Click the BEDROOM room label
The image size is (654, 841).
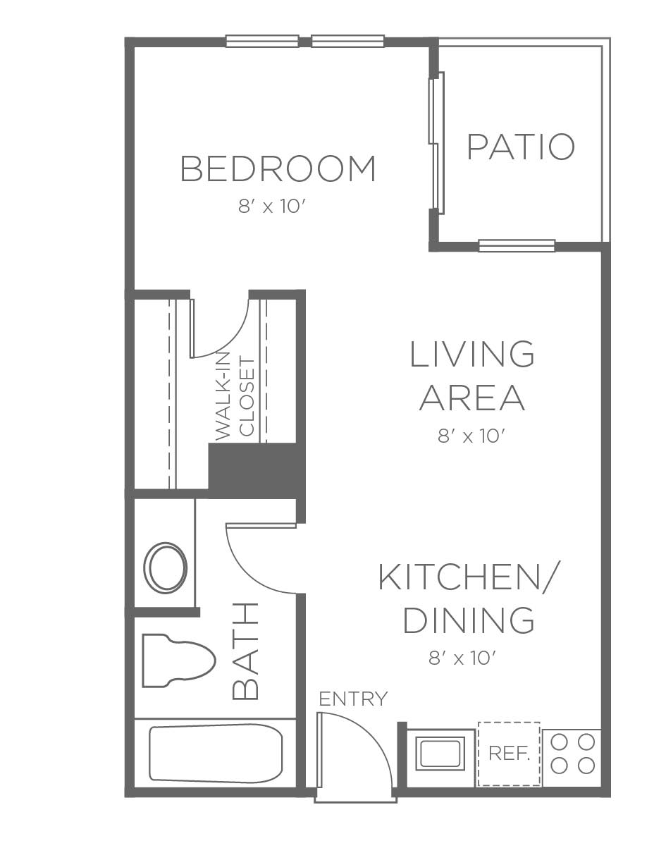(x=278, y=168)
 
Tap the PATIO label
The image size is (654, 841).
(x=521, y=147)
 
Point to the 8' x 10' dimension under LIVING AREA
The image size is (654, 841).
(x=471, y=436)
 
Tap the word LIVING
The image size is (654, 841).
(x=471, y=354)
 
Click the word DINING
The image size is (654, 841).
(x=469, y=620)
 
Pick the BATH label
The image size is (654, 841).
(x=245, y=651)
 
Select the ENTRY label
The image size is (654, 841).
(x=353, y=699)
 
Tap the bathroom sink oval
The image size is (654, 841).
(x=166, y=567)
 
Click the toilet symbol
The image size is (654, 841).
(x=179, y=661)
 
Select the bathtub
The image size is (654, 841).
(x=216, y=754)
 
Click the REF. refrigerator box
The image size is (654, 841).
(x=509, y=754)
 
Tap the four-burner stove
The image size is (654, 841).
(x=572, y=754)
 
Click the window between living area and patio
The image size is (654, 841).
(x=517, y=245)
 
